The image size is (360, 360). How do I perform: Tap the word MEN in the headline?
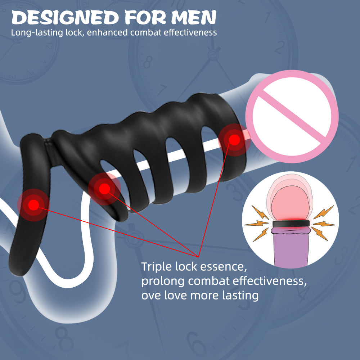coord(194,17)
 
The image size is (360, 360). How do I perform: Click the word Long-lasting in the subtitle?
coord(37,33)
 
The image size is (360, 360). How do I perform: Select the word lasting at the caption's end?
coord(240,295)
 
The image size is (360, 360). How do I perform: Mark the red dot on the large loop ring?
coord(33,205)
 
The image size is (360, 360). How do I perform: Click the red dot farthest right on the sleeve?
coord(234,140)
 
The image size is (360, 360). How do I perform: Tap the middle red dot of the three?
coord(104,189)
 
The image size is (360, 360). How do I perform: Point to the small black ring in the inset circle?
coord(291,224)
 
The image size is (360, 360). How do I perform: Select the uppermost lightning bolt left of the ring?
coord(260,212)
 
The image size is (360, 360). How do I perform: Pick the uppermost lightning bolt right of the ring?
coord(324,212)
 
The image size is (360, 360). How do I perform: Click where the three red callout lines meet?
coord(198,256)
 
